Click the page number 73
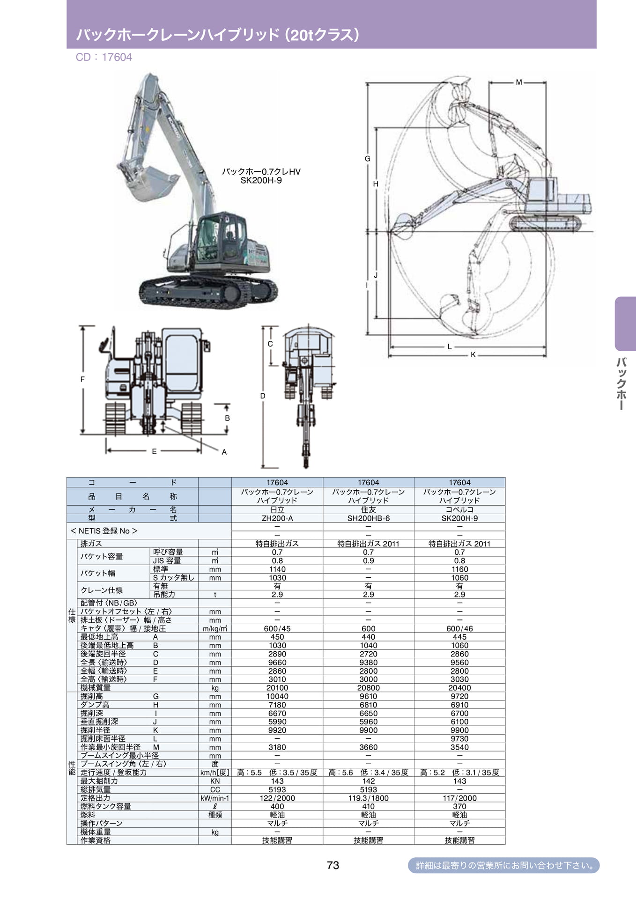tap(333, 865)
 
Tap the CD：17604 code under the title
tap(104, 57)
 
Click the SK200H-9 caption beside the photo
tap(261, 181)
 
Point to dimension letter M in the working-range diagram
tap(519, 82)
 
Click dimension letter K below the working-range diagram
tap(473, 355)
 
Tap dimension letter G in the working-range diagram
tap(368, 159)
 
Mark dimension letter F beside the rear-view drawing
tap(82, 379)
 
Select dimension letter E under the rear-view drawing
tap(154, 451)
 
